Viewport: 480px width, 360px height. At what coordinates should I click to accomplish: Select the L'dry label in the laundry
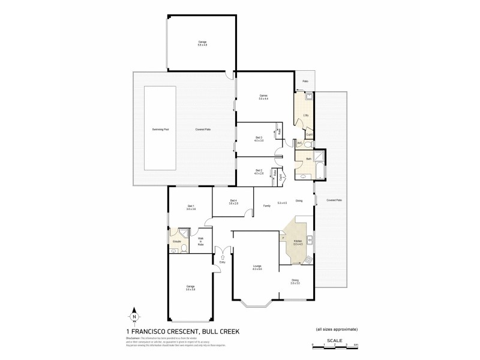306,115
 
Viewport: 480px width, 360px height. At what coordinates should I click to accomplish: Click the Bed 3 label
259,138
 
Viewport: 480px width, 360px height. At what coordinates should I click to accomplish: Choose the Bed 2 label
259,171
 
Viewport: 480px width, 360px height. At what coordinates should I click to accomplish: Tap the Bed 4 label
233,201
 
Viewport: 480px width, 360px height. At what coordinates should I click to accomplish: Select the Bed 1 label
190,207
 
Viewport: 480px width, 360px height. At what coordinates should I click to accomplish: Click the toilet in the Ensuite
174,251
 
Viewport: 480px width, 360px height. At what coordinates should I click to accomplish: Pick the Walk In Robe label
202,242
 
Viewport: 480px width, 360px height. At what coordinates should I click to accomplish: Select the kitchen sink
311,241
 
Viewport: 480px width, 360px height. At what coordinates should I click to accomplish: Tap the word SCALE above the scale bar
337,339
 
